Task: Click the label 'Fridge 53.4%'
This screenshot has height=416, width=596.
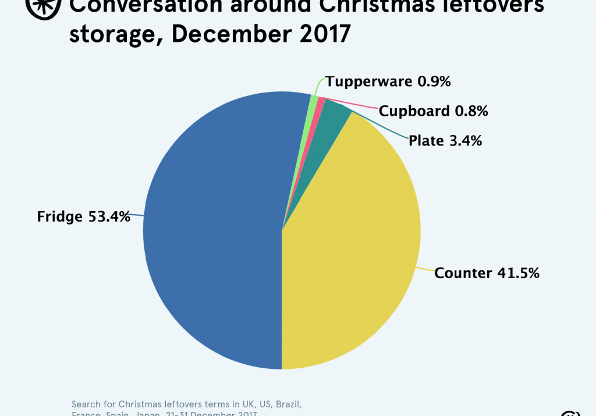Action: point(83,216)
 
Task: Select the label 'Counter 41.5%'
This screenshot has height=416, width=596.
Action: point(487,272)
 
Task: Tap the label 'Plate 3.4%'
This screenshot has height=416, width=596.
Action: point(445,140)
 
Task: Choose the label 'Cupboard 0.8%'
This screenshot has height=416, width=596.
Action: point(433,111)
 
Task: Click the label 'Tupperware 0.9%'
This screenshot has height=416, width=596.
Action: point(388,81)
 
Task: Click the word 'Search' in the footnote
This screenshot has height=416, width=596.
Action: point(87,403)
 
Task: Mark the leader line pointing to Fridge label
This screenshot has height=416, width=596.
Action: point(137,215)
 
